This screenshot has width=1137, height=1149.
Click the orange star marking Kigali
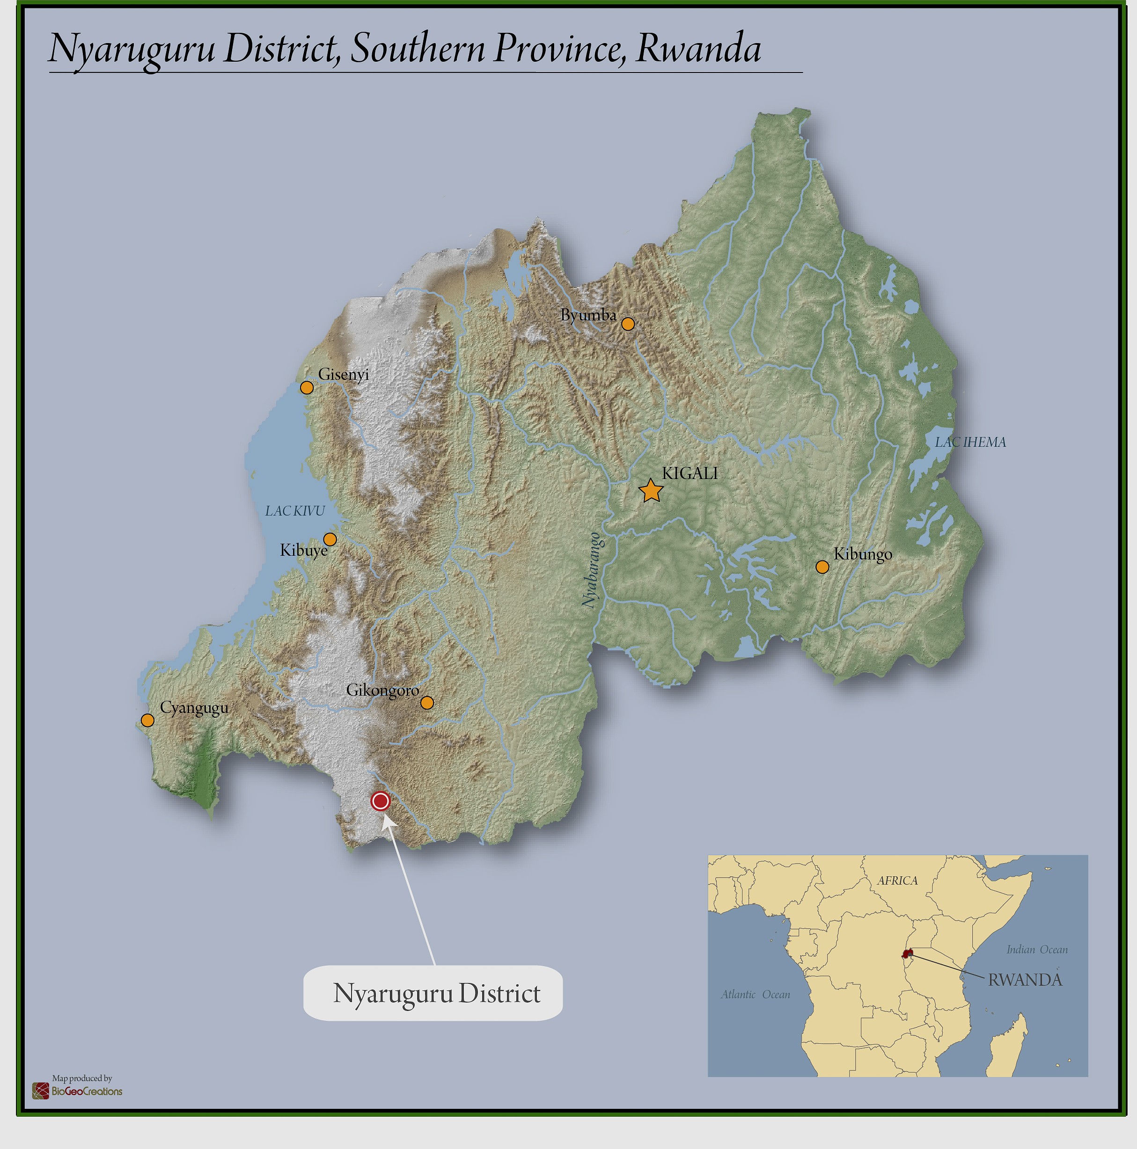651,491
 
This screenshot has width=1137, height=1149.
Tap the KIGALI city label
690,473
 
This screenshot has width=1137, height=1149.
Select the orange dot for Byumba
628,324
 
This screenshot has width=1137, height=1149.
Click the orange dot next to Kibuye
330,539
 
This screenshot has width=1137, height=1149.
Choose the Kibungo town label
863,554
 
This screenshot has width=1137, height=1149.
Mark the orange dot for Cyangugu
147,720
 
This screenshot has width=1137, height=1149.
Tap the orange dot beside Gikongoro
426,703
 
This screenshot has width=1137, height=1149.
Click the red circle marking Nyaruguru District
380,801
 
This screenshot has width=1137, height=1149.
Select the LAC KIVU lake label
295,511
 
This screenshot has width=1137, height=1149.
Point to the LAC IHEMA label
970,442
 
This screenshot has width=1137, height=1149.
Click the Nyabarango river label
590,570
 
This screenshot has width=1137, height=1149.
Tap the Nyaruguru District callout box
433,993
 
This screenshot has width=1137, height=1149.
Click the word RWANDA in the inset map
1025,980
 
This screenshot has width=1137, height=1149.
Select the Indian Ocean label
1036,950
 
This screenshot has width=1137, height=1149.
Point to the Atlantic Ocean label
756,994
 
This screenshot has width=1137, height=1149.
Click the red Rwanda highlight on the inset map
907,953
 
